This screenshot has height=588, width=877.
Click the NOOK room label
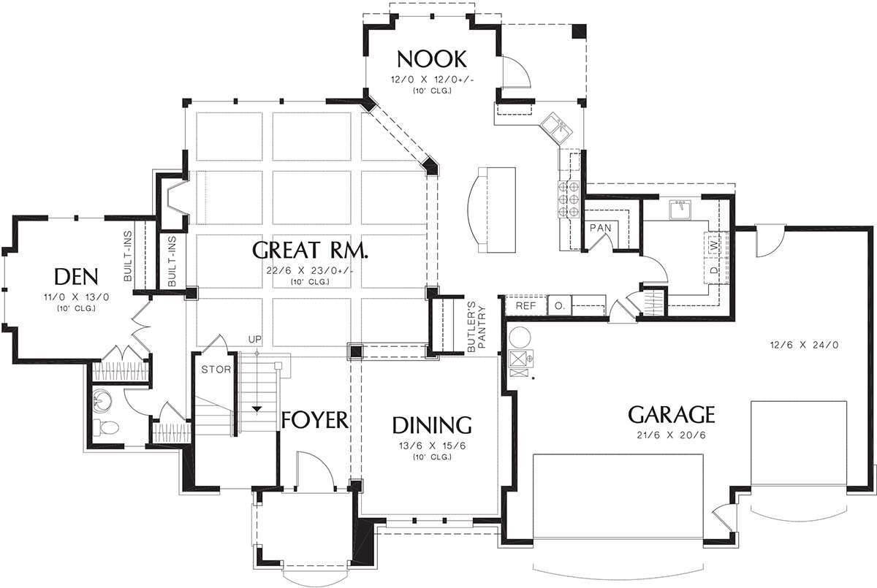tap(432, 59)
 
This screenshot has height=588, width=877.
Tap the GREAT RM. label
tap(310, 251)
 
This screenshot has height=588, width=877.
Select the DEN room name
tap(76, 277)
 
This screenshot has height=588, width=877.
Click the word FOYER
tap(315, 420)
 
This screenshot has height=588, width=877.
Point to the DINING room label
tap(432, 425)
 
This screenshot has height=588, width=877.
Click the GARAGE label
tap(672, 415)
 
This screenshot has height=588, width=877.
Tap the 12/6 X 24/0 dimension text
tap(804, 345)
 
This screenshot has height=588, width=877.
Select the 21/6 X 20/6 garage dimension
tap(671, 435)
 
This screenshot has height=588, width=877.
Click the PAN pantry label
tap(600, 228)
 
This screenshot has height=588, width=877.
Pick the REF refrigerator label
tap(525, 305)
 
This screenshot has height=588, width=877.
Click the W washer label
tap(715, 246)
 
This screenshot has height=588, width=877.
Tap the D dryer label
tap(715, 270)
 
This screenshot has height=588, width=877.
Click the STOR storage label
tap(216, 370)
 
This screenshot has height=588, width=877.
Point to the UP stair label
tap(255, 339)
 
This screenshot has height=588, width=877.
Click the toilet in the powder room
tap(105, 427)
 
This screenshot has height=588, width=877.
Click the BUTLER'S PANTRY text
tap(476, 327)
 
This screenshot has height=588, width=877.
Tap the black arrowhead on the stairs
tap(257, 410)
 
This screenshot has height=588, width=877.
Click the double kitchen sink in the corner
tap(555, 127)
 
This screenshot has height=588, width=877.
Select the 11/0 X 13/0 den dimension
tap(76, 297)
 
